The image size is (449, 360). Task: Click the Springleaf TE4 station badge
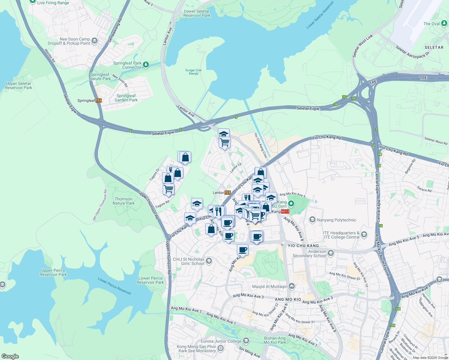[x=99, y=100]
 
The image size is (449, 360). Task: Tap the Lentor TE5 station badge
[x=228, y=193]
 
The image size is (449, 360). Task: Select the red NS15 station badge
[x=285, y=211]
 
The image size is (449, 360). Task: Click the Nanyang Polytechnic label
[x=336, y=220]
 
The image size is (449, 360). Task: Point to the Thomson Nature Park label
[x=124, y=201]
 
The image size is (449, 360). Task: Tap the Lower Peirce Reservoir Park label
[x=150, y=280]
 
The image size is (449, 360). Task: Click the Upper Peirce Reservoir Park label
[x=53, y=272]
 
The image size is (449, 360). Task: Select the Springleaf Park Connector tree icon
[x=146, y=64]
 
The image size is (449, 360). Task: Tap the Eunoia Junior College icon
[x=246, y=341]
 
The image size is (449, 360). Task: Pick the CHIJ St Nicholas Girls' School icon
[x=209, y=261]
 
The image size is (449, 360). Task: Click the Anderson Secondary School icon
[x=331, y=253]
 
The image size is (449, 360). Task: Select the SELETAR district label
[x=434, y=47]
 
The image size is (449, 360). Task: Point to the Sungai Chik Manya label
[x=194, y=72]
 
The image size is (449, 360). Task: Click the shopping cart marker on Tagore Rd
[x=168, y=189]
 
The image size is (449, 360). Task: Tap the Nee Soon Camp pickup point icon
[x=95, y=41]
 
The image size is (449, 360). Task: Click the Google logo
[x=10, y=356]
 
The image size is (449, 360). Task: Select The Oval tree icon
[x=444, y=24]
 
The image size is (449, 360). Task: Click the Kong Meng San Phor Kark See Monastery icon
[x=221, y=348]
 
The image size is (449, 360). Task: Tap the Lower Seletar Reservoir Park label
[x=197, y=13]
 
